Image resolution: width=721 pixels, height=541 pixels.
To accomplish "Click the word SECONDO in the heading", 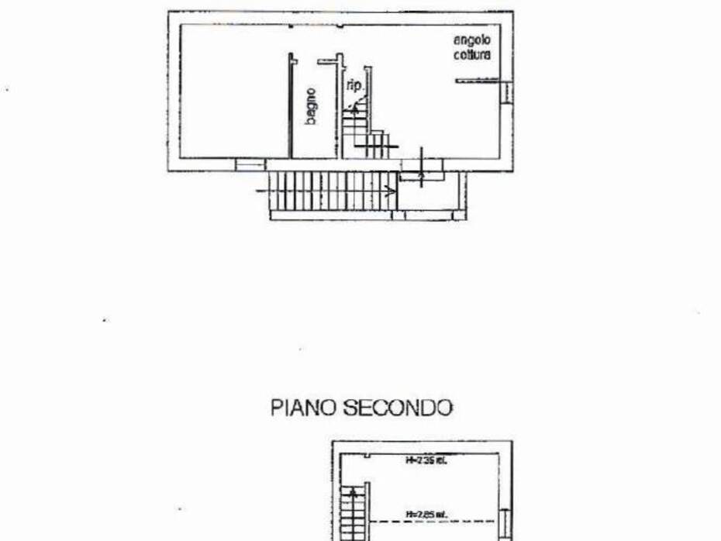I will pos(397,408).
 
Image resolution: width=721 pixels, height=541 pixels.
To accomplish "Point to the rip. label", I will pos(354,84).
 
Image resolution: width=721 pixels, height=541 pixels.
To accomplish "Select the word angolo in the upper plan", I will pos(472,40).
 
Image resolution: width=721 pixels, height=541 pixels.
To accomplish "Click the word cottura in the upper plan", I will pos(472,55).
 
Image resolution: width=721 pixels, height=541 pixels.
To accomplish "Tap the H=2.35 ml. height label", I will pos(426,460).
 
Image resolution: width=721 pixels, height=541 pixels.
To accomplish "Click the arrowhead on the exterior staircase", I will pos(391,190).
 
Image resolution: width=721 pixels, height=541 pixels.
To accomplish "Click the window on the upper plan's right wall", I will pos(508,91).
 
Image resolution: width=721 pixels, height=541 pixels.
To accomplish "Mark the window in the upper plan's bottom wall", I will pos(250,164).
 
